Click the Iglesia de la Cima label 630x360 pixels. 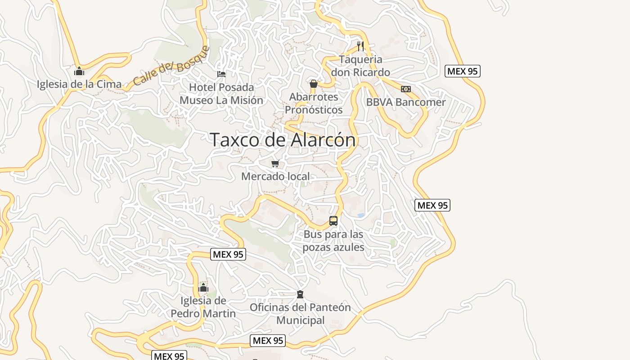coord(79,84)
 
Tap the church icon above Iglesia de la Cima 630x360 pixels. coord(79,71)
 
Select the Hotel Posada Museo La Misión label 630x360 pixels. coord(221,94)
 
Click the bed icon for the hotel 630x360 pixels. coord(221,74)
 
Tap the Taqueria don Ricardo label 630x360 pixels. coord(360,66)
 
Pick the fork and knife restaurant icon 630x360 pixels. coord(360,46)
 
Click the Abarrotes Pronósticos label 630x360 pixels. coord(314,103)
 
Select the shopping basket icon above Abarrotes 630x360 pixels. coord(314,84)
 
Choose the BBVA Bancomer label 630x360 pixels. coord(405,102)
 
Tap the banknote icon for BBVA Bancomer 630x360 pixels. coord(405,89)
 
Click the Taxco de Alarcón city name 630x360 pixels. coord(283,139)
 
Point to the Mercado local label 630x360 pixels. coord(275,176)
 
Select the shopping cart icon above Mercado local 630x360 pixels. coord(275,164)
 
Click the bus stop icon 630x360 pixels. coord(333,221)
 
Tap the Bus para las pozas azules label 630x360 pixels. coord(333,241)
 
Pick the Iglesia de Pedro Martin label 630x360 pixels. coord(203,307)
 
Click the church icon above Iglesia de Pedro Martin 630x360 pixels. coord(203,288)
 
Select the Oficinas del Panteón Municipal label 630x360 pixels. coord(300,314)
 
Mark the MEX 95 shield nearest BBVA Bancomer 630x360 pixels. coord(463,71)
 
